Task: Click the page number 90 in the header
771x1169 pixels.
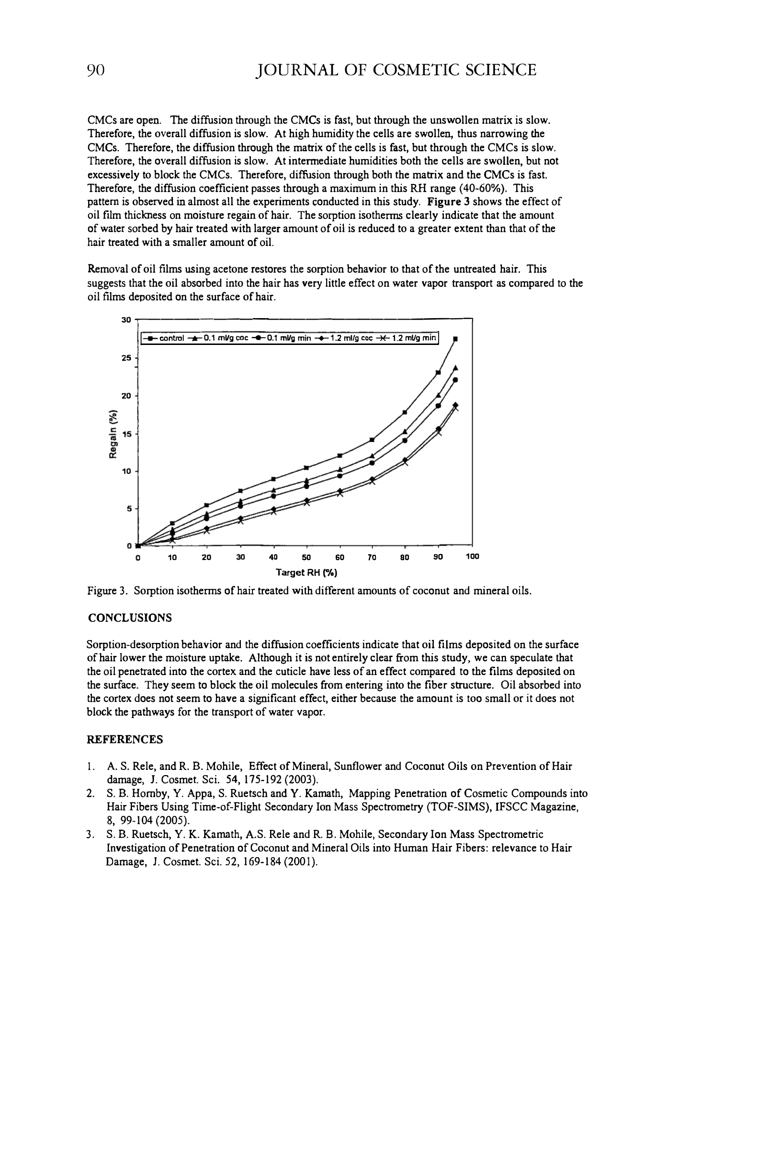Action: tap(96, 70)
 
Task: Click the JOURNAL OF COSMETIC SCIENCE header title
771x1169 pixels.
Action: tap(397, 70)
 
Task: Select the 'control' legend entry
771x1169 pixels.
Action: tap(165, 338)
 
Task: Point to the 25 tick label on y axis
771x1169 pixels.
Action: tap(126, 358)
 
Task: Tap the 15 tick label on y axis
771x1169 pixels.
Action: tap(126, 434)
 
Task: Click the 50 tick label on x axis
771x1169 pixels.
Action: tap(306, 558)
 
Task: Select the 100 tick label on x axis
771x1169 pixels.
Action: tap(472, 557)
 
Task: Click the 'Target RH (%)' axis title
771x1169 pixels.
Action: tap(306, 573)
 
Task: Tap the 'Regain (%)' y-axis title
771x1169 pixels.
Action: tap(113, 434)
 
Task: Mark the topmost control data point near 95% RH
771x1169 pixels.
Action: tap(455, 339)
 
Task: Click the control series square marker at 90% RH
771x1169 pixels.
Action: tap(438, 373)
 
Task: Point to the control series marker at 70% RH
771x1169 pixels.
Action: tap(372, 440)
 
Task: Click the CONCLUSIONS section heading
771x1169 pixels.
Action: tap(130, 618)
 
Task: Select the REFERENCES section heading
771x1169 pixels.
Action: tap(125, 740)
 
